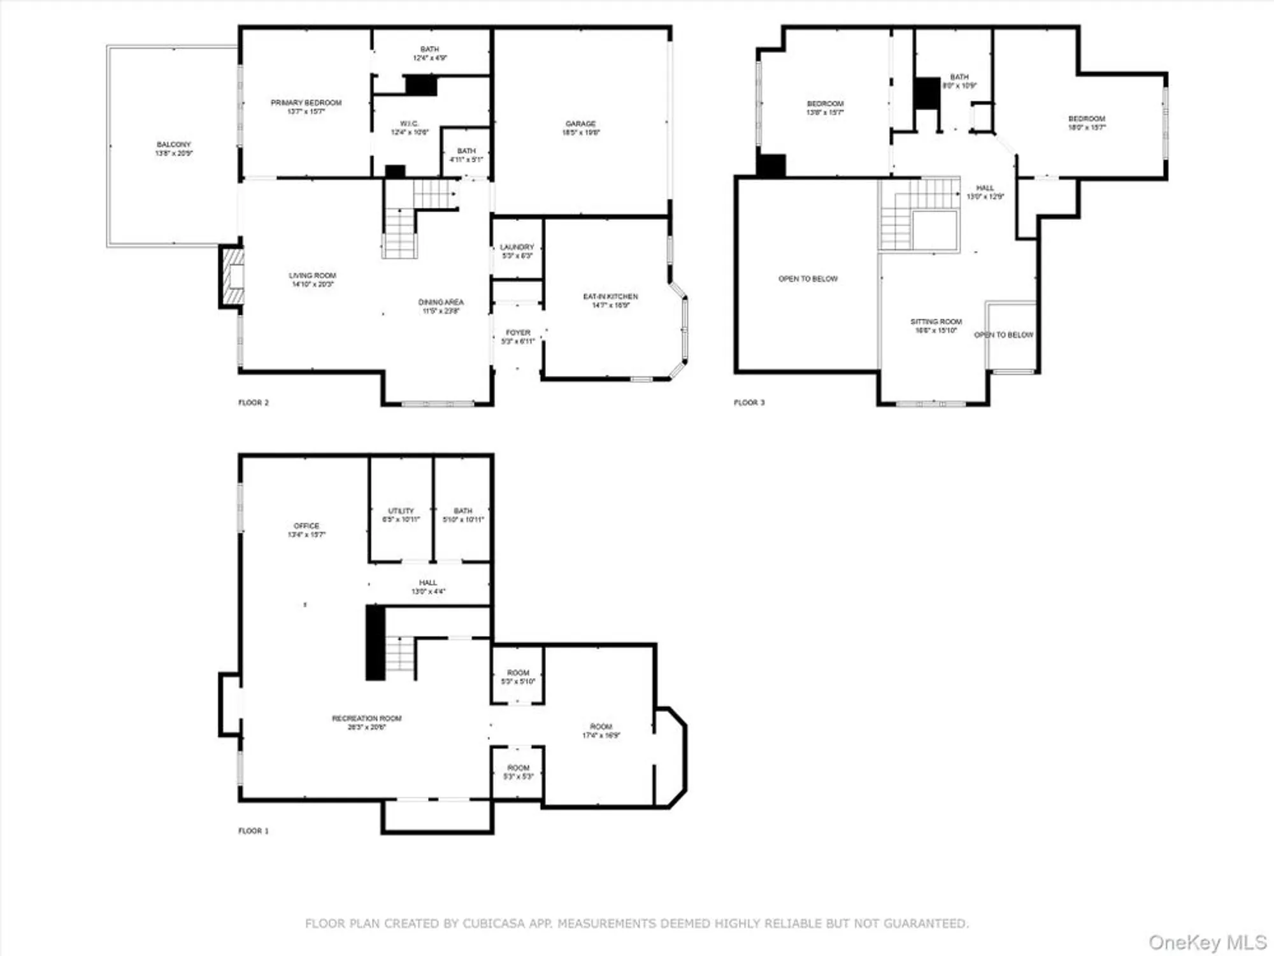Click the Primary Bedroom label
point(306,106)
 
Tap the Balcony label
point(173,148)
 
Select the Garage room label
point(580,127)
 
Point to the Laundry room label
point(517,251)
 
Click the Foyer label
point(518,337)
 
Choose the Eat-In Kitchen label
point(610,300)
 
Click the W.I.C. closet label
point(410,127)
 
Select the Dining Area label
point(441,306)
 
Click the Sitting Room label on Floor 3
point(936,326)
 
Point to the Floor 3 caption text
point(749,402)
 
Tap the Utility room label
point(401,515)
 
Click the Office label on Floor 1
point(306,530)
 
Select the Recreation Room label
point(366,722)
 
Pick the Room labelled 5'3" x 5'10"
point(518,677)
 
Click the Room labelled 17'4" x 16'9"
point(601,730)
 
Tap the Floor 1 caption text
point(254,830)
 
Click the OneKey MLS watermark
point(1207,942)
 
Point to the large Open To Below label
point(808,279)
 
